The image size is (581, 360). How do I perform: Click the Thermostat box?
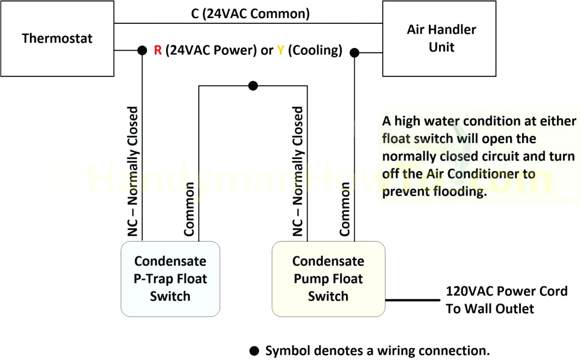pos(57,39)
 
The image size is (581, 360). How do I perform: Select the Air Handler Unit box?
pos(439,39)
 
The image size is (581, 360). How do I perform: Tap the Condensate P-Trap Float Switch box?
pos(170,279)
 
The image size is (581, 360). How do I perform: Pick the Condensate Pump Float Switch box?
pos(328,279)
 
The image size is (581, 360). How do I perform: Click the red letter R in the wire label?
pos(158,50)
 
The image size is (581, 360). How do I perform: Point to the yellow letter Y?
pos(281,50)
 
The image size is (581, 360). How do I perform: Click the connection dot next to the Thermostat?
pos(142,50)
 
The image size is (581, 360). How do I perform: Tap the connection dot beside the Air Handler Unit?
pos(354,52)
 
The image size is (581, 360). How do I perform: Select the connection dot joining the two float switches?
pos(253,85)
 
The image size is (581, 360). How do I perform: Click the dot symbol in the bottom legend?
pos(254,351)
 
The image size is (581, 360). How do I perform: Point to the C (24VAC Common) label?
pos(250,14)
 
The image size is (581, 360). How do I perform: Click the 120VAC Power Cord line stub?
pos(412,300)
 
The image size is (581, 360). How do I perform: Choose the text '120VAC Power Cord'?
pos(506,291)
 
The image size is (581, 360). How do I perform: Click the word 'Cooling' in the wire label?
pos(315,50)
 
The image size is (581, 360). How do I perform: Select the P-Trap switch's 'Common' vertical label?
pos(189,209)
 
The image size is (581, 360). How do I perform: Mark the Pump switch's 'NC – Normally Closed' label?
pos(297,171)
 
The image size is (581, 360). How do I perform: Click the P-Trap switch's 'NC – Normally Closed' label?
pos(132,171)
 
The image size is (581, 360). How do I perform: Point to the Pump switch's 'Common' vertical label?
pos(345,209)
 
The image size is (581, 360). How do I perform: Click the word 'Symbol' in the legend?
pos(288,351)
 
